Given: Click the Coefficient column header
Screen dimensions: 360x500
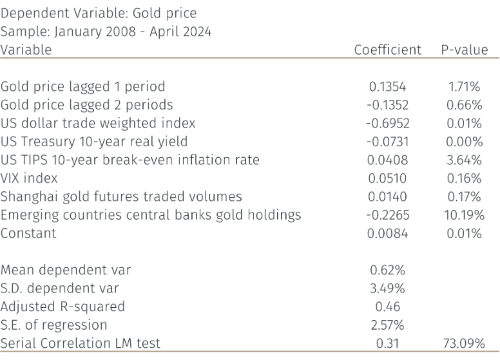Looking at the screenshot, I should [387, 50].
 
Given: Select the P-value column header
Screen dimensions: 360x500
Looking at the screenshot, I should [464, 50].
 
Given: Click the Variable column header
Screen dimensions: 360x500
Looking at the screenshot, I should [26, 50].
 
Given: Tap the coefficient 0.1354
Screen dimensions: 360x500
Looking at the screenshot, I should [387, 86].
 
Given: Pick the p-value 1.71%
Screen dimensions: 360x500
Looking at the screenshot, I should [465, 86].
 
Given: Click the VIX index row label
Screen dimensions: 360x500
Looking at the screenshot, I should [29, 178].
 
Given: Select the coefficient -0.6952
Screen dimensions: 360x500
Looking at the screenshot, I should [387, 123].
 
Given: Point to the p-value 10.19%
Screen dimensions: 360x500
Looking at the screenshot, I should [464, 215].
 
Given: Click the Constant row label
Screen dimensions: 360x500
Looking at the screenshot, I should [28, 233].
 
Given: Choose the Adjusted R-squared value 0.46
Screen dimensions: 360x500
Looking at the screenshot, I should [387, 307].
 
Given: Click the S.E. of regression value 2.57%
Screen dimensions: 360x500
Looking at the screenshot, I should [387, 325].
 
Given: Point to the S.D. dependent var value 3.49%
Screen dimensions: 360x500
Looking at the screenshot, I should [387, 289].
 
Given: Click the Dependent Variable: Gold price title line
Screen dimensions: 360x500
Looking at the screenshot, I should [99, 13].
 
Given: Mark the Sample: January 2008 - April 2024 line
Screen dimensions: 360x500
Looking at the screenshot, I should [106, 31].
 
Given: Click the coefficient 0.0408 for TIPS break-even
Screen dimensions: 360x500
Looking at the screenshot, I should [387, 160].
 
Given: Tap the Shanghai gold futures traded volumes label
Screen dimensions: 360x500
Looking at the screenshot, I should [121, 196].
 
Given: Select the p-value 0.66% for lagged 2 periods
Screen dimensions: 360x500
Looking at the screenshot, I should [465, 105].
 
